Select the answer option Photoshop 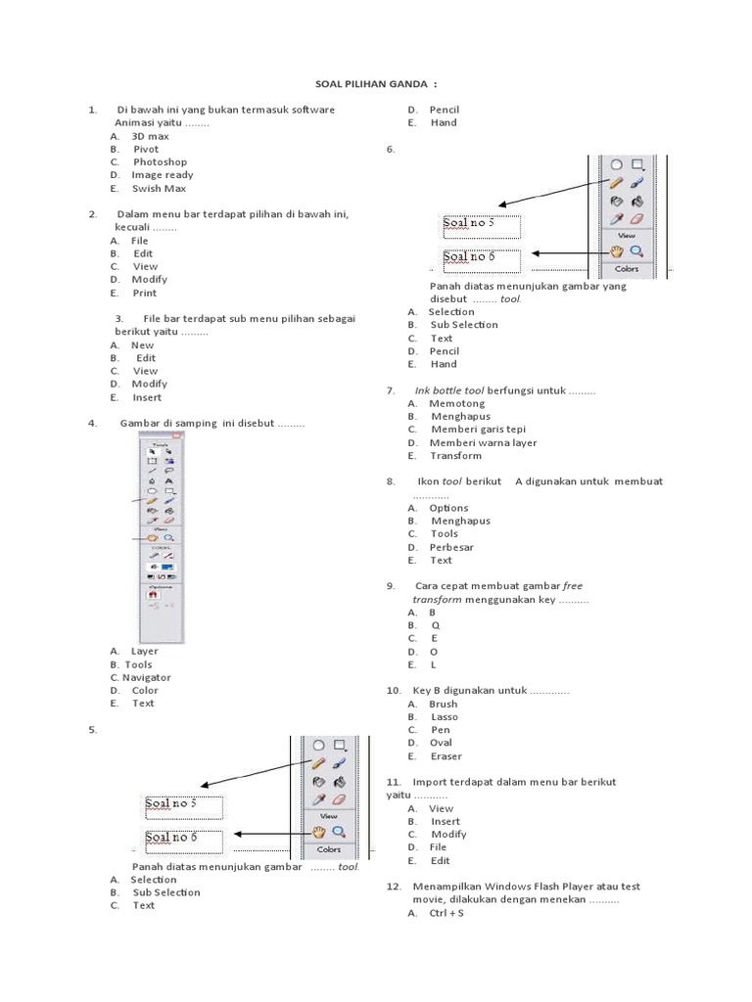(x=160, y=161)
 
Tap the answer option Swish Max (x=159, y=188)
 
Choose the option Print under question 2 (x=144, y=293)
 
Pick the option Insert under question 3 (x=147, y=397)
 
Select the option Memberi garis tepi (x=477, y=430)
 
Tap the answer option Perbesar (x=451, y=547)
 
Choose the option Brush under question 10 (x=443, y=704)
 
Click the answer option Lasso (x=444, y=716)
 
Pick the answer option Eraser (x=446, y=755)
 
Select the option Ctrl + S (x=446, y=913)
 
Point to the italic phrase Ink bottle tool (x=449, y=390)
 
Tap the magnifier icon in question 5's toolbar (x=338, y=832)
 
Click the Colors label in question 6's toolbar (x=627, y=268)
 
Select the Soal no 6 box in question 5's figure (x=184, y=838)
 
